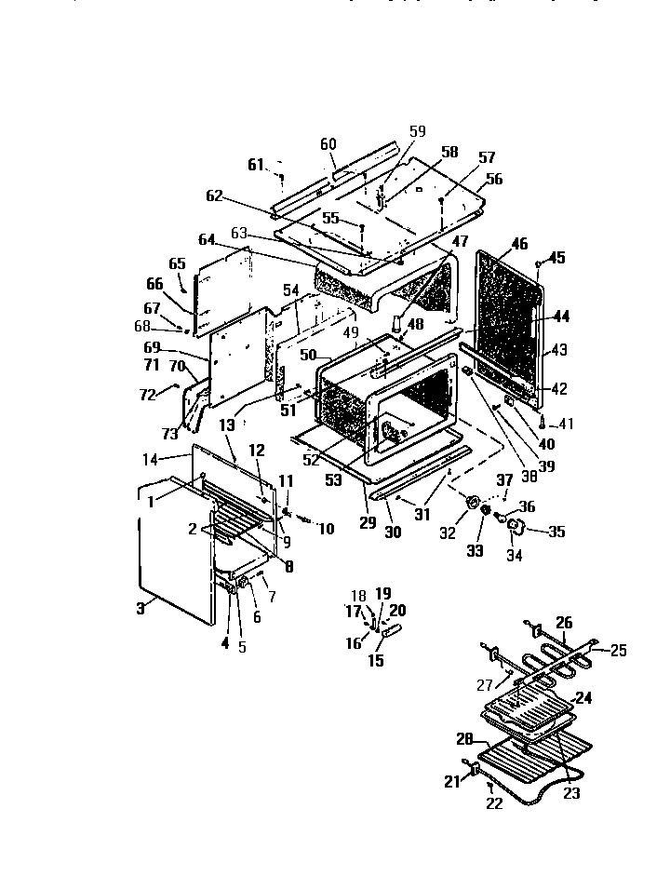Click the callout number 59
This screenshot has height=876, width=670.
click(416, 130)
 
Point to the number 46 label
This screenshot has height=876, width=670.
click(518, 244)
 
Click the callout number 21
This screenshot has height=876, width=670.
click(452, 781)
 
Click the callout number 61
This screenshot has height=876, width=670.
click(256, 165)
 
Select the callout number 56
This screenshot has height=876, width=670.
click(493, 180)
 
